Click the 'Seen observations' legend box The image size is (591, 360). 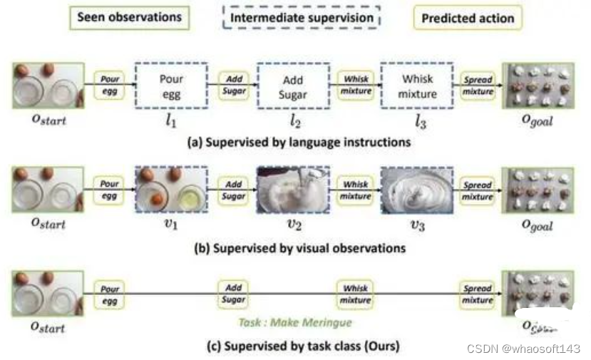tap(129, 18)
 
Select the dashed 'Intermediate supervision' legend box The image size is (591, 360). tap(302, 18)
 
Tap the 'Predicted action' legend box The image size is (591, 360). tap(467, 18)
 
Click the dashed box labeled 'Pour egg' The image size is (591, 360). tap(171, 85)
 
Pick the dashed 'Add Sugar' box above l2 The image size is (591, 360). tap(293, 85)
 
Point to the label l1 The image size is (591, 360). tap(171, 120)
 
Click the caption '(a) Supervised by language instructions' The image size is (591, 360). tap(299, 142)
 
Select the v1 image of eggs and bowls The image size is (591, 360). tap(171, 190)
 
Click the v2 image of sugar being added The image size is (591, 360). tap(293, 190)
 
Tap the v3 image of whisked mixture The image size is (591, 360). tap(417, 190)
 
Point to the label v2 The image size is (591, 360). tap(293, 225)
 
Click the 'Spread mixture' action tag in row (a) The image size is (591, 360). tap(477, 86)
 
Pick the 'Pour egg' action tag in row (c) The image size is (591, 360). tap(110, 294)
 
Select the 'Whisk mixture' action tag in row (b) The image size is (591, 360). tap(355, 190)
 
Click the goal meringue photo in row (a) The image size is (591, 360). tap(537, 86)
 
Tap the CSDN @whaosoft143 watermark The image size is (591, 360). tap(523, 349)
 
